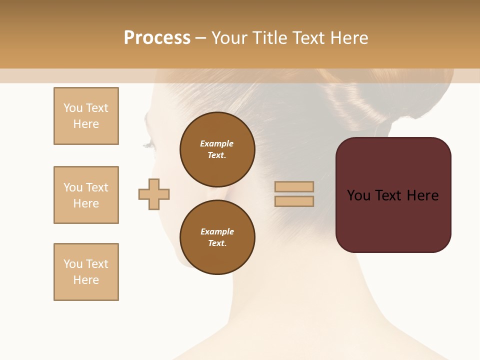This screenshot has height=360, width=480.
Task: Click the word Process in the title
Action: click(x=157, y=38)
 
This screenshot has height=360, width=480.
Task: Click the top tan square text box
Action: click(x=86, y=116)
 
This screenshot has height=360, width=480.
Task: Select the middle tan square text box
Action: click(x=86, y=195)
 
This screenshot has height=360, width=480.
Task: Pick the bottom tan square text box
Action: click(x=86, y=272)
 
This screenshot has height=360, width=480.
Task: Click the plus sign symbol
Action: click(x=154, y=194)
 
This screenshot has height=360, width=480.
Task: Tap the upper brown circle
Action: click(x=217, y=149)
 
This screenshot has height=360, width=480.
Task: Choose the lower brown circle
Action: click(x=217, y=237)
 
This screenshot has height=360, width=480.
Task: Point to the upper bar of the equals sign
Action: click(x=294, y=186)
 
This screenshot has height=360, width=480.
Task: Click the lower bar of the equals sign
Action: click(x=294, y=201)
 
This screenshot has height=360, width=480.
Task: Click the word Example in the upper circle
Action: click(x=217, y=143)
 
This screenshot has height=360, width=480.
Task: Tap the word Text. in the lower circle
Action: click(x=217, y=243)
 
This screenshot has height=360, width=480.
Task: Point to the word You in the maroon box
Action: click(x=359, y=195)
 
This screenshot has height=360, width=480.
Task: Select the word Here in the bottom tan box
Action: click(x=86, y=280)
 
